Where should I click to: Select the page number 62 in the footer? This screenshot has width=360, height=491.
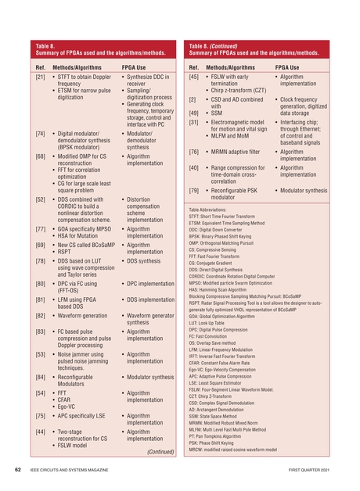tap(16, 471)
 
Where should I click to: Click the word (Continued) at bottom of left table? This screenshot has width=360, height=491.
tap(161, 451)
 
